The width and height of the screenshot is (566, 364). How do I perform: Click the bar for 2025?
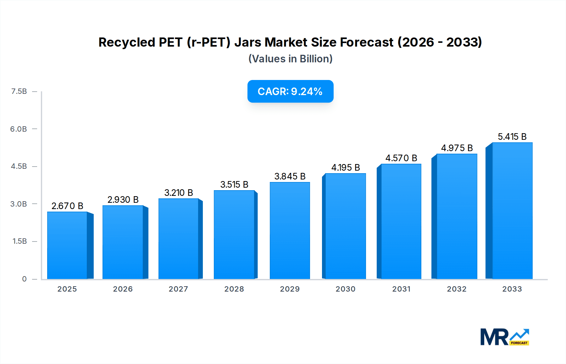click(x=67, y=246)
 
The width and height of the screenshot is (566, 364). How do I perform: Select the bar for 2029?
click(x=290, y=231)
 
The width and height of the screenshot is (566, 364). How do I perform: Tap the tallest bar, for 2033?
click(x=512, y=211)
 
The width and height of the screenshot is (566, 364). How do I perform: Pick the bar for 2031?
click(x=401, y=222)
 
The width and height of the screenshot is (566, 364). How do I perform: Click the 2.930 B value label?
click(x=123, y=200)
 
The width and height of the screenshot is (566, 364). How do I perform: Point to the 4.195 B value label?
click(x=346, y=168)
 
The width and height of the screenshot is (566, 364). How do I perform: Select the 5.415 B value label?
click(x=512, y=137)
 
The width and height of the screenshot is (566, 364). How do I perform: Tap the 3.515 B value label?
click(x=234, y=185)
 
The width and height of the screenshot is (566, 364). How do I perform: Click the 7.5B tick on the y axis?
click(x=19, y=91)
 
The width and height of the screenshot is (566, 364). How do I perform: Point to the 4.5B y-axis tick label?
click(x=19, y=166)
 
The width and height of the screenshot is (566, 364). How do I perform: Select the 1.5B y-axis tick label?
click(x=19, y=241)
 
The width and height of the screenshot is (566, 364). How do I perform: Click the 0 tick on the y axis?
click(x=24, y=279)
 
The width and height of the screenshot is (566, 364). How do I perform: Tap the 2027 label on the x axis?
click(x=178, y=289)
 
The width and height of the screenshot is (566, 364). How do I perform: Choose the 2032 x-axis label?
click(x=457, y=289)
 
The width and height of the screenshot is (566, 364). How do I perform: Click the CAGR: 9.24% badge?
click(x=290, y=91)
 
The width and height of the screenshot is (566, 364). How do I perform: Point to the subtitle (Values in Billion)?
click(x=290, y=59)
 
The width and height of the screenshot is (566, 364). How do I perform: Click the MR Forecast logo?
click(x=504, y=337)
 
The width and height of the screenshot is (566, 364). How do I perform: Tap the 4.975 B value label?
click(x=457, y=148)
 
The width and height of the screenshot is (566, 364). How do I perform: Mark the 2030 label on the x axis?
click(x=345, y=289)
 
